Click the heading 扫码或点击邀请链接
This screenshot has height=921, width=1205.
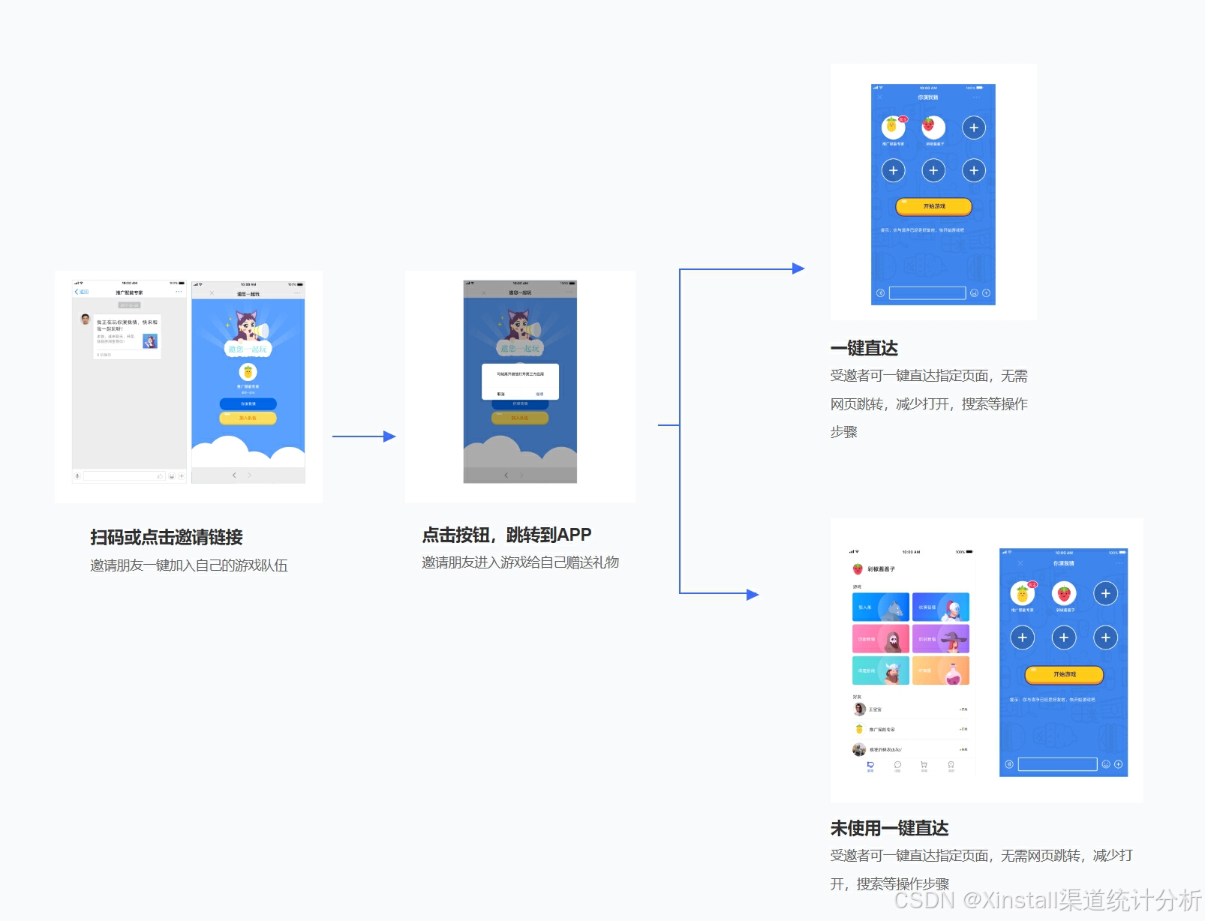[x=167, y=537]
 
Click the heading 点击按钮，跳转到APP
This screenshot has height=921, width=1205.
[x=506, y=535]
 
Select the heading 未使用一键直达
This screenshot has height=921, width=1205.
[x=889, y=828]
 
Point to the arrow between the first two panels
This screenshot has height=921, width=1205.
[x=364, y=436]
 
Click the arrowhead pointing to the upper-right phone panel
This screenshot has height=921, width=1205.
[x=798, y=268]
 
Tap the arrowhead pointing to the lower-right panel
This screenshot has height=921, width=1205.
[x=753, y=594]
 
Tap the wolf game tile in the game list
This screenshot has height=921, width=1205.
[x=880, y=607]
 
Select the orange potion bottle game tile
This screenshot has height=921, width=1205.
[x=941, y=670]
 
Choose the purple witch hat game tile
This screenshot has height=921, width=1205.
[x=941, y=639]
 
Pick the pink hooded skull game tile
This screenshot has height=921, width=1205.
[x=880, y=639]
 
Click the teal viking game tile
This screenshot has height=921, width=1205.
[x=880, y=670]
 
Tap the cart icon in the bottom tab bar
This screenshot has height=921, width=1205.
[x=924, y=765]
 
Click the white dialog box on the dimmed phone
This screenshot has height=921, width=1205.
[x=520, y=381]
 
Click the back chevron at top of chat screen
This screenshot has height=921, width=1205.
[x=77, y=292]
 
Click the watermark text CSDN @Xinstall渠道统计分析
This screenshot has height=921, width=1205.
[x=1047, y=899]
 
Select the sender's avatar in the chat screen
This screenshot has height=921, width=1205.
[x=86, y=319]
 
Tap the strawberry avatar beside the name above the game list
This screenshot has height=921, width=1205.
[x=858, y=569]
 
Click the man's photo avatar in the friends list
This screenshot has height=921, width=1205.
[x=859, y=709]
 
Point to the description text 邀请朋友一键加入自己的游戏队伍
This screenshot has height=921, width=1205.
[x=189, y=565]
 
